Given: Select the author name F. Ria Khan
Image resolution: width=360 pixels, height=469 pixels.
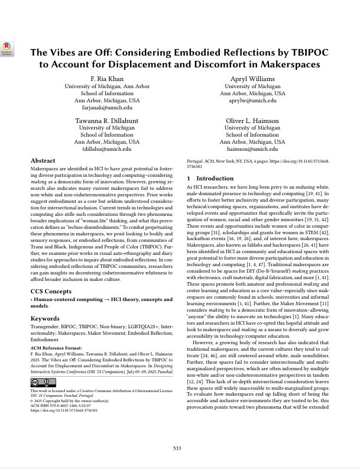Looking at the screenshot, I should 107,79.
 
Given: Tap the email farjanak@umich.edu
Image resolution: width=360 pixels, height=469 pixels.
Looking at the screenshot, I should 107,108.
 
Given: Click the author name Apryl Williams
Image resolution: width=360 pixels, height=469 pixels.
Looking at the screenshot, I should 252,79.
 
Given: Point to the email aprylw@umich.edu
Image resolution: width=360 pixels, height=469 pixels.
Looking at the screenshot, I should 252,101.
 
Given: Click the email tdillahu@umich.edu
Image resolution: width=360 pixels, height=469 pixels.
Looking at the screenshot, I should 107,149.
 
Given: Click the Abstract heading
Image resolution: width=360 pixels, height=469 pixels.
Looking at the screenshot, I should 43,161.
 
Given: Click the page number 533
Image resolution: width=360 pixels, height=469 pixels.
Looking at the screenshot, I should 177,448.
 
